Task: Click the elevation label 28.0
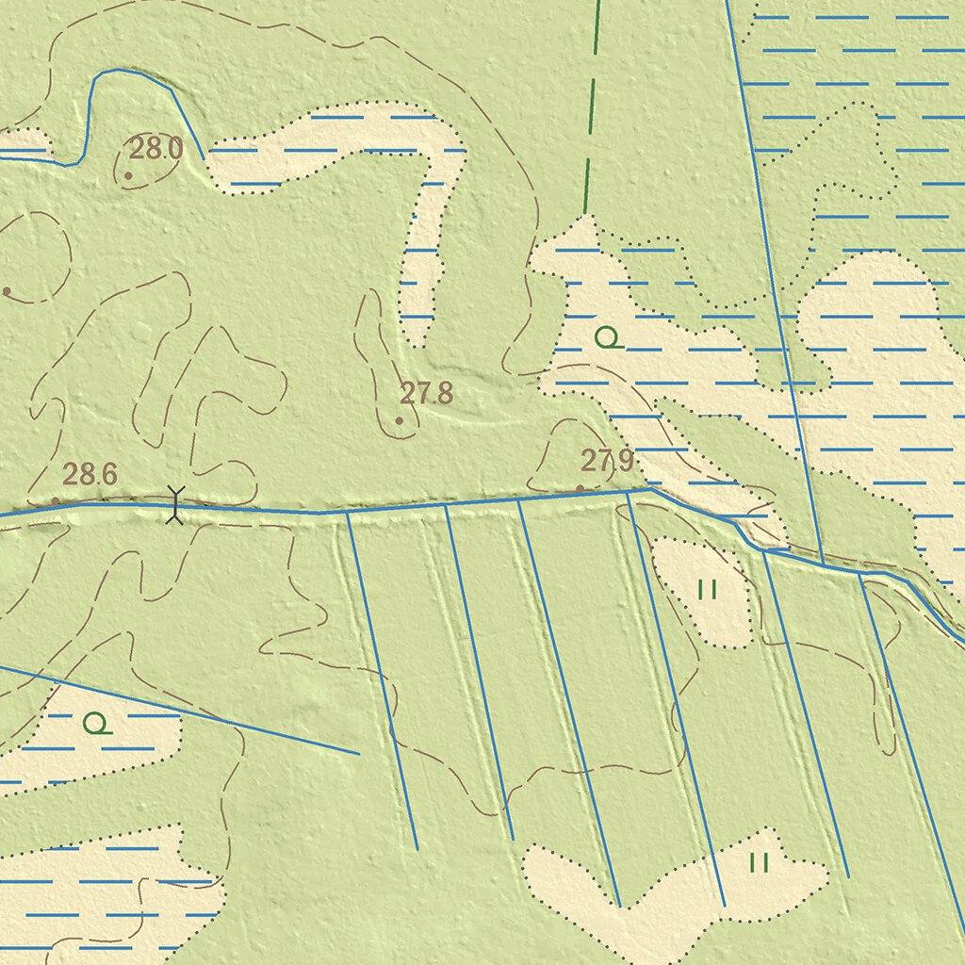[155, 148]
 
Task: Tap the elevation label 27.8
[426, 393]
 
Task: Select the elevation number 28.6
[90, 474]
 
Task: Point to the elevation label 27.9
[606, 461]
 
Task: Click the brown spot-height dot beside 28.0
[128, 175]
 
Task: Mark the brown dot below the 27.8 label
[400, 420]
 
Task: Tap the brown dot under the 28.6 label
[56, 500]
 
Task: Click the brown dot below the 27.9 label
[580, 488]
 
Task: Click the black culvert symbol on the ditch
[174, 504]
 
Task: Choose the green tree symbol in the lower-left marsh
[95, 724]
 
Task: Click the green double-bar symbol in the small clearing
[708, 590]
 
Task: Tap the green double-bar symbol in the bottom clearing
[760, 862]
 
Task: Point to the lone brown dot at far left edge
[7, 291]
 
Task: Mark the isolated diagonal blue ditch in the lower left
[188, 711]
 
